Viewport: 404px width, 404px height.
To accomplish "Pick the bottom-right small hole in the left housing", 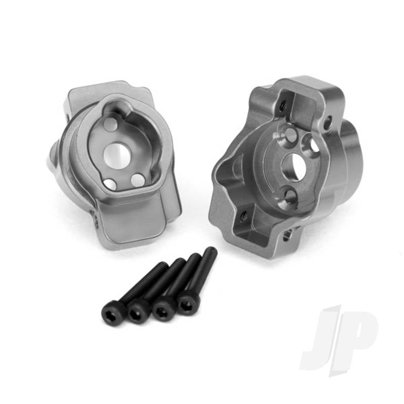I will coord(136,178).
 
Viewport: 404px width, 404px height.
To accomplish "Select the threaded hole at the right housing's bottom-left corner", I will coord(243,217).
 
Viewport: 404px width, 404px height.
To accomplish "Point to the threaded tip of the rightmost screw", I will coord(211,251).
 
